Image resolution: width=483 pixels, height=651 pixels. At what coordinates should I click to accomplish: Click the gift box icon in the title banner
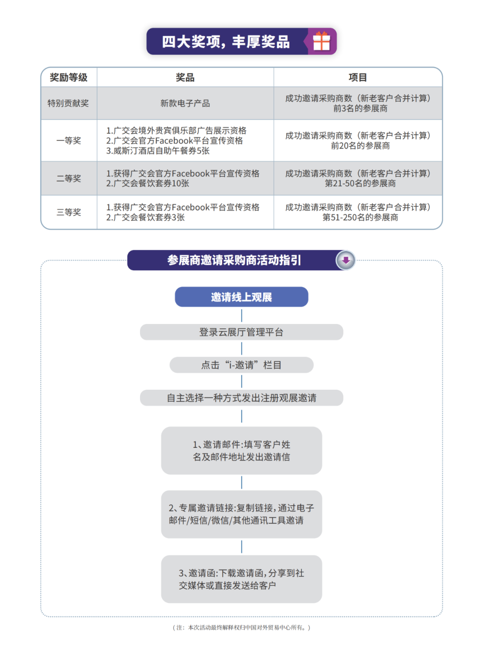(x=321, y=41)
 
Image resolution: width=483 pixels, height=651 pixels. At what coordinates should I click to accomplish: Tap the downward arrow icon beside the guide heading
(x=346, y=260)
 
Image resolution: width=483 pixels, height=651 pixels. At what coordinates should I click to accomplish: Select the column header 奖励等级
(x=69, y=77)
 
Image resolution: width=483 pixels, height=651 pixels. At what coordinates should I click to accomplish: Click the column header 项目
(x=358, y=77)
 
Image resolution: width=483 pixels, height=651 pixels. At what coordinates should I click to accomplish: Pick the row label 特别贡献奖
(x=68, y=103)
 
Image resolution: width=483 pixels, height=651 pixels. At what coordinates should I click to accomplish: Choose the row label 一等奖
(x=69, y=140)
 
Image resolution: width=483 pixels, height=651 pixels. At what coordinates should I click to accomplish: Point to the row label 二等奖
(x=69, y=178)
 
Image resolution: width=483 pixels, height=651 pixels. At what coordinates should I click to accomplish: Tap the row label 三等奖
(x=69, y=212)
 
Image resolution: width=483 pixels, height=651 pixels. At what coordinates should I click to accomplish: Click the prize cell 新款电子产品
(x=185, y=103)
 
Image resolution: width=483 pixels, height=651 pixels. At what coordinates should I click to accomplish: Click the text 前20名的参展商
(x=360, y=145)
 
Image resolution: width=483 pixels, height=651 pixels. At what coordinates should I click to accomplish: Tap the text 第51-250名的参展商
(x=360, y=217)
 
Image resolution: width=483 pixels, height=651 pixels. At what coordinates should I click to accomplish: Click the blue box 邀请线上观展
(x=241, y=297)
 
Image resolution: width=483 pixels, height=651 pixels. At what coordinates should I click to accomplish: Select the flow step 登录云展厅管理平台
(x=241, y=332)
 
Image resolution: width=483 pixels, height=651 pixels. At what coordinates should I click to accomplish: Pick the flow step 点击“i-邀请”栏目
(x=241, y=365)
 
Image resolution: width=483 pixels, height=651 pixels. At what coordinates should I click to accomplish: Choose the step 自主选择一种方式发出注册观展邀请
(x=241, y=398)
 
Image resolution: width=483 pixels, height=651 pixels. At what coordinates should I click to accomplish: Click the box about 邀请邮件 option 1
(x=241, y=451)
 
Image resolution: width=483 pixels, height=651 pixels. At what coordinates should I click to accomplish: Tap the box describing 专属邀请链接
(x=241, y=514)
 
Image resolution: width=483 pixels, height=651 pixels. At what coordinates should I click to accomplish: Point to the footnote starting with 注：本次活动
(x=241, y=628)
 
